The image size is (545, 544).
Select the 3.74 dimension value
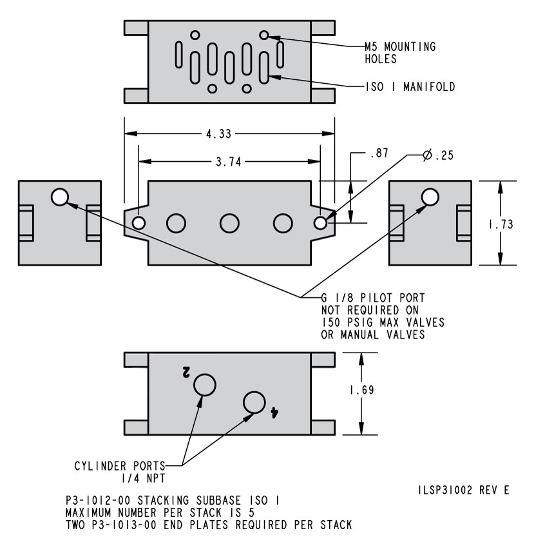coord(229,162)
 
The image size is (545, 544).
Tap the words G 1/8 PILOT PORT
coord(373,297)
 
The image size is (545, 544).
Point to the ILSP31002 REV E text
coord(463,491)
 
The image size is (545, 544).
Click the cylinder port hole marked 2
coord(206,384)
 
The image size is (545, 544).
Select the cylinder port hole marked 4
coord(254,403)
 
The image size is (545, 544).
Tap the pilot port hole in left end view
coord(60,197)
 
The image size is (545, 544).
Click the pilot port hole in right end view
coord(430,197)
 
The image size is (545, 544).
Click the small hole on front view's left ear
coord(138,223)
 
